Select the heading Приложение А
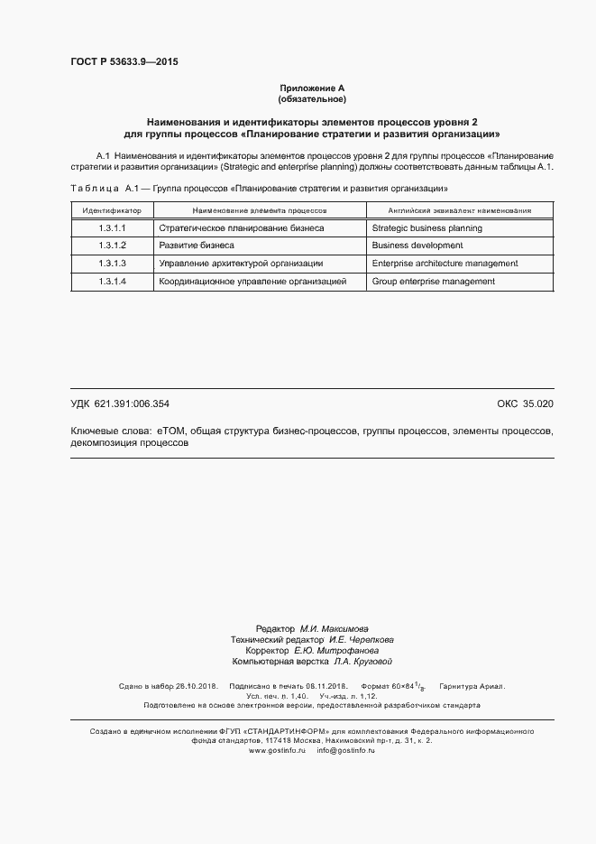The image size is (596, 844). coord(312,88)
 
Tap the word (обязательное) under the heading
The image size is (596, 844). coord(312,98)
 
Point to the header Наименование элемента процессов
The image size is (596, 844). coord(259,209)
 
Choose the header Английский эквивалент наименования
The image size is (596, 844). coord(459,209)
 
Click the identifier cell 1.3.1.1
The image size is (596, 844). coord(112,228)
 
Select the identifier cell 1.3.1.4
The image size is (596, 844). coord(112,282)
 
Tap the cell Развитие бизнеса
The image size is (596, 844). coord(196,246)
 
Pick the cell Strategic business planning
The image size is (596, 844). coord(426,228)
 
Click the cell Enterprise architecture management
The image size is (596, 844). coord(445,264)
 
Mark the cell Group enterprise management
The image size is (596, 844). coord(433,282)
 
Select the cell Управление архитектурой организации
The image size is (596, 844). coord(240,264)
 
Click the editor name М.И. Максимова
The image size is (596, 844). coord(334,628)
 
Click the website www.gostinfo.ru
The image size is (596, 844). coord(278,750)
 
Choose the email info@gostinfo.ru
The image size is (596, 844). coord(345,750)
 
